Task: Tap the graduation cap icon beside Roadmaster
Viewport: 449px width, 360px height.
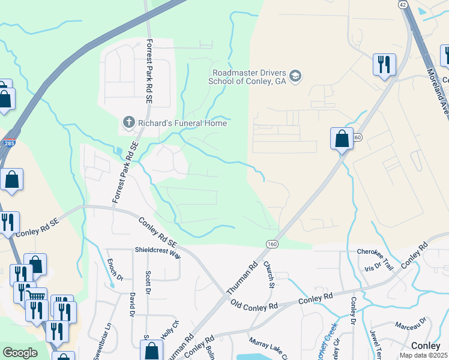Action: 295,76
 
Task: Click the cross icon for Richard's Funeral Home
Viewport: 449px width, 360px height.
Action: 128,123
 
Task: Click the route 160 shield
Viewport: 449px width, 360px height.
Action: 272,244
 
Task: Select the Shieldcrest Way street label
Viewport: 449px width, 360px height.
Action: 157,254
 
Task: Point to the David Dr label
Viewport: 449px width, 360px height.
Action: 131,304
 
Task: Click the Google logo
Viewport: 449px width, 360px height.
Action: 20,353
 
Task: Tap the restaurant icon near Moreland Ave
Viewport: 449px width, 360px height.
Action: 384,64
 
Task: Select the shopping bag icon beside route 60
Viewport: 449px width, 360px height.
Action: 342,139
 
